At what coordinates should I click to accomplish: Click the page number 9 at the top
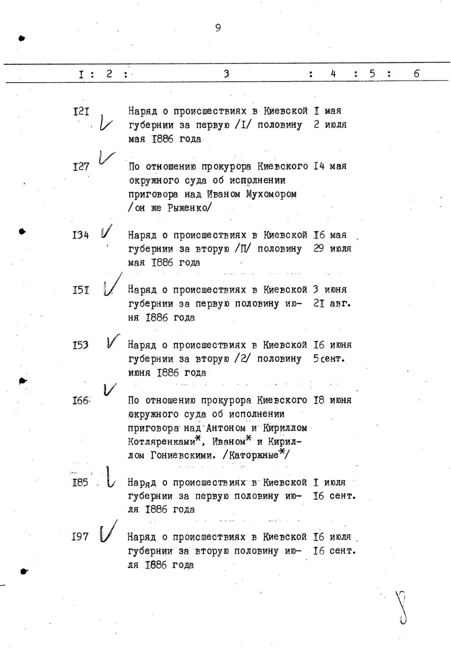click(x=218, y=28)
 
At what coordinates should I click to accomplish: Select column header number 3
click(x=226, y=74)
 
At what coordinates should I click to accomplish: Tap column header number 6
click(x=417, y=74)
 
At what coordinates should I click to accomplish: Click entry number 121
click(x=81, y=111)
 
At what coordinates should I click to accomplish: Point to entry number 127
click(x=81, y=167)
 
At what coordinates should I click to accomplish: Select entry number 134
click(x=81, y=235)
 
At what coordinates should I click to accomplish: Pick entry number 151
click(x=81, y=290)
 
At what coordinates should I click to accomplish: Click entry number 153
click(x=81, y=345)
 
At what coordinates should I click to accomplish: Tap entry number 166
click(x=81, y=401)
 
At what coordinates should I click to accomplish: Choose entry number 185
click(x=81, y=483)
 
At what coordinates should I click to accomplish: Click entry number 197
click(x=80, y=537)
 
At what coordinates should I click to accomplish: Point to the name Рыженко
click(x=188, y=208)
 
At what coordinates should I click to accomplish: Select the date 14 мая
click(x=330, y=166)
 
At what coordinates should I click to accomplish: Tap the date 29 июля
click(x=333, y=249)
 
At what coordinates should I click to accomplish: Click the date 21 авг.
click(x=332, y=304)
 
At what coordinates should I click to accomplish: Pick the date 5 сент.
click(x=329, y=359)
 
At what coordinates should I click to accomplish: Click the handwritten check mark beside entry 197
click(x=108, y=532)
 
